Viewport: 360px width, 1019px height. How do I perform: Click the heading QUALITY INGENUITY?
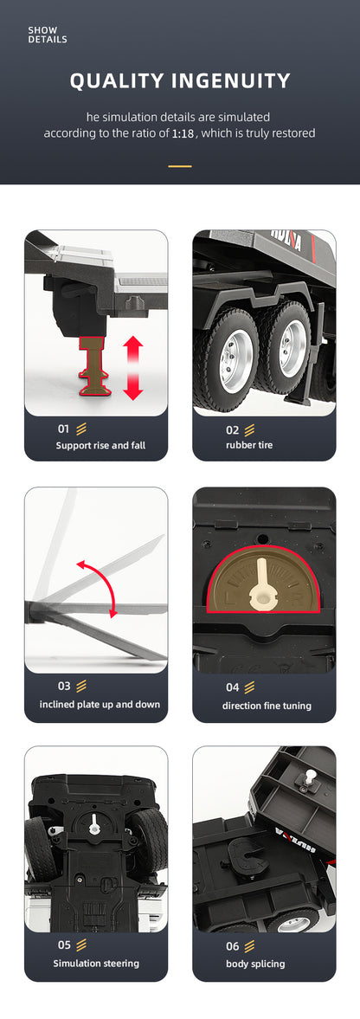(x=180, y=81)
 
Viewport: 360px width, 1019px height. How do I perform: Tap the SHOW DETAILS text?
(x=48, y=35)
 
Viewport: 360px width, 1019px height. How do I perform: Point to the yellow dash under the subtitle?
(x=180, y=166)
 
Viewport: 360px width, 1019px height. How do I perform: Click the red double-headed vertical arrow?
(x=133, y=368)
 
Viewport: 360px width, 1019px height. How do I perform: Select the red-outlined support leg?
(x=95, y=366)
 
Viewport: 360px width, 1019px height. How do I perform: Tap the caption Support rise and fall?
(x=100, y=445)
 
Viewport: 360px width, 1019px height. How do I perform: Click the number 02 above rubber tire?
(x=232, y=429)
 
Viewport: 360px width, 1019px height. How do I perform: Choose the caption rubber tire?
(x=249, y=445)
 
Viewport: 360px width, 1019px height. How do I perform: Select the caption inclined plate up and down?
(x=100, y=705)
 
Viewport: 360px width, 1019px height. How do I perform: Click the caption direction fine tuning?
(x=267, y=705)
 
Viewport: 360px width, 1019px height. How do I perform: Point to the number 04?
(x=233, y=687)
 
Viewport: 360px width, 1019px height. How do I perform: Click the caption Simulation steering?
(x=96, y=963)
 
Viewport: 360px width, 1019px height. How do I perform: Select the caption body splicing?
(x=255, y=963)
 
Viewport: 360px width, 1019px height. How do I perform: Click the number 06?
(x=233, y=946)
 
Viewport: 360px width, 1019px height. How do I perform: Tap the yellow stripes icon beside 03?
(x=81, y=687)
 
